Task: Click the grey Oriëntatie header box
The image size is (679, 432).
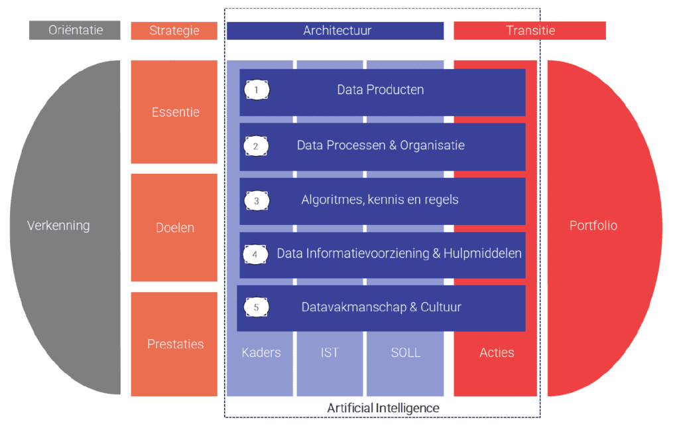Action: click(x=75, y=31)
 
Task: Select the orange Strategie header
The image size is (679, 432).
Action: click(x=174, y=31)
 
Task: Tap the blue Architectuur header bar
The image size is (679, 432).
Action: click(x=335, y=31)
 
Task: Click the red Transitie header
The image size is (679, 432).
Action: click(x=530, y=31)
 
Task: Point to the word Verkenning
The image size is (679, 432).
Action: click(x=58, y=226)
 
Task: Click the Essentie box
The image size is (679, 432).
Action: click(x=174, y=111)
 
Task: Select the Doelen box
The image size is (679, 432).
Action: click(x=174, y=228)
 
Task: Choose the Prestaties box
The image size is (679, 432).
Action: click(x=174, y=344)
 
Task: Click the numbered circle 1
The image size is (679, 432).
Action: click(x=257, y=90)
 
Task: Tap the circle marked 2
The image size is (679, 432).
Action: click(x=256, y=146)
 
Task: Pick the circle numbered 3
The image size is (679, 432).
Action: click(x=257, y=200)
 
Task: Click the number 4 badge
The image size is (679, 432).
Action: click(x=255, y=254)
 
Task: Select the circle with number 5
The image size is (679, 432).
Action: click(x=257, y=307)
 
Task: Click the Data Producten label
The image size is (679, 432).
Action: click(x=381, y=90)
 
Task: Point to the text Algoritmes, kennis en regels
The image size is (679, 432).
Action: click(x=380, y=200)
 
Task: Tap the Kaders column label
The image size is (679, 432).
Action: click(x=261, y=353)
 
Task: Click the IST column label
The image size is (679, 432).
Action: click(x=330, y=353)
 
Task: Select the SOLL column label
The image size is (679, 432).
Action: click(x=405, y=353)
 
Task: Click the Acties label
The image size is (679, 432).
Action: click(x=497, y=353)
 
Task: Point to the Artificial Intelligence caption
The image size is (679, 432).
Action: click(x=383, y=408)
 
